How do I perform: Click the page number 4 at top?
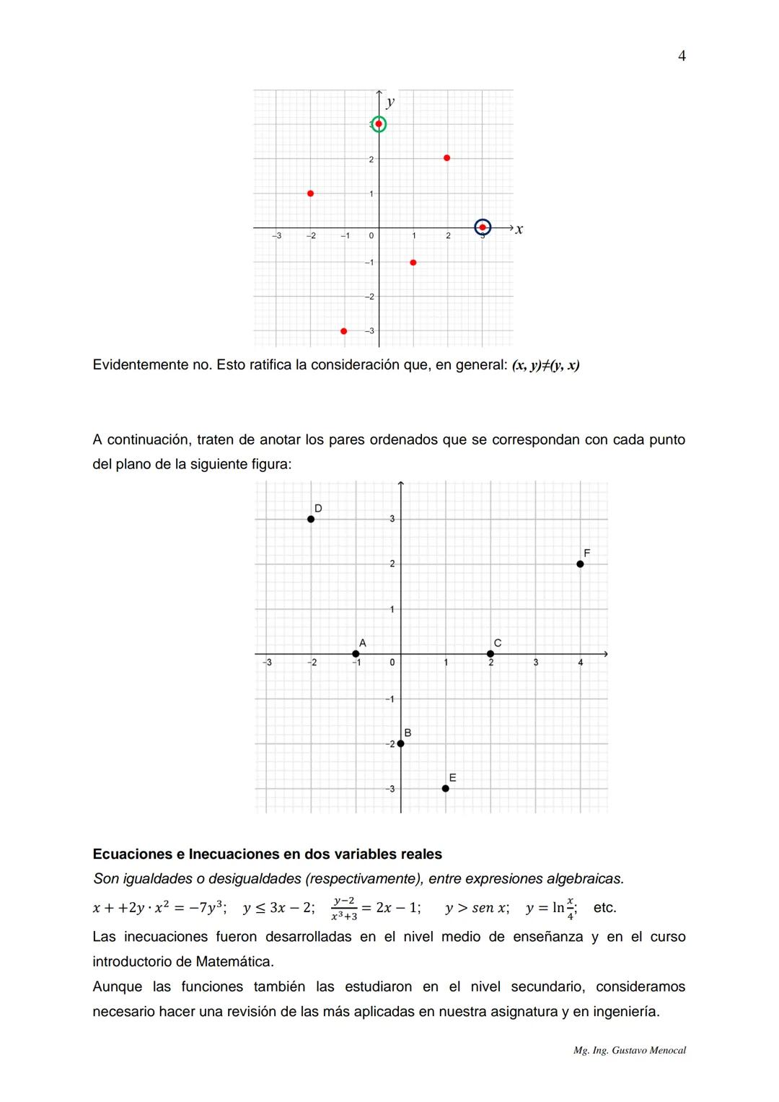click(x=682, y=56)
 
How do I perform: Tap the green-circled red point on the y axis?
click(x=379, y=124)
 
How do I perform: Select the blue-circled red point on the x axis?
click(x=483, y=227)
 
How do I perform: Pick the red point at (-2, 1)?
click(x=310, y=193)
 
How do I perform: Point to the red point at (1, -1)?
click(x=413, y=263)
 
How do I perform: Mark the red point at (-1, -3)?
click(x=343, y=331)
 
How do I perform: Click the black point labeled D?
click(x=311, y=519)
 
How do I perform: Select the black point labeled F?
click(x=580, y=564)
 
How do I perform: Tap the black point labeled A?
click(x=356, y=654)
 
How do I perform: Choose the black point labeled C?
click(x=490, y=654)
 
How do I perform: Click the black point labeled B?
click(x=400, y=743)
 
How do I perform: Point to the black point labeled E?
click(x=446, y=788)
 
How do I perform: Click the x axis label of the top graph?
click(x=519, y=229)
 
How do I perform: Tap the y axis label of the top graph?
click(x=390, y=102)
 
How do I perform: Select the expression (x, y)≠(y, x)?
click(x=545, y=365)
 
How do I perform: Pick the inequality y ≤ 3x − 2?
click(x=278, y=908)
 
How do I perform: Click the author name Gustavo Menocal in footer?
click(x=648, y=1051)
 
